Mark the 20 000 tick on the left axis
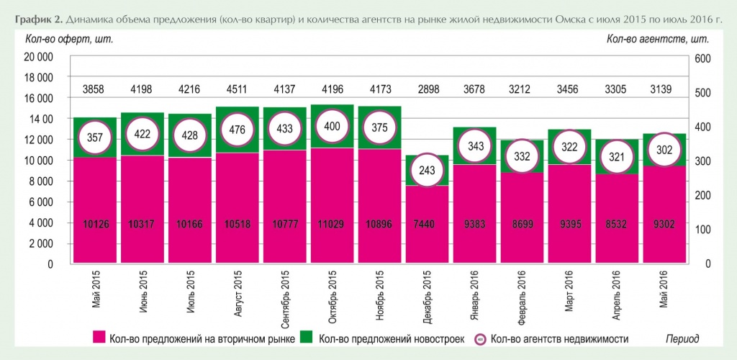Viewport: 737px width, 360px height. [x=40, y=57]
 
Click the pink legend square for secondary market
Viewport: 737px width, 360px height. [x=100, y=338]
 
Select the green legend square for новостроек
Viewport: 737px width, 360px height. [x=307, y=338]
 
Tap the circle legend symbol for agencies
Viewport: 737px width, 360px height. [x=480, y=338]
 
